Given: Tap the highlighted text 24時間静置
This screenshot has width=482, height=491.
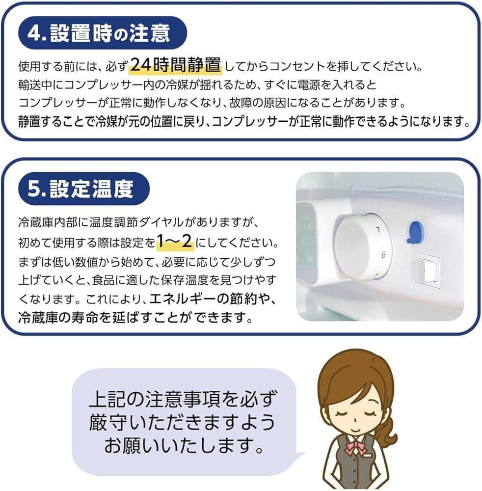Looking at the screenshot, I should [x=175, y=65].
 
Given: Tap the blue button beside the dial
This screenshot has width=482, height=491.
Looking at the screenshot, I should [x=415, y=231].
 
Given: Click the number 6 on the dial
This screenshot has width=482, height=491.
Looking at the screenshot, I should [x=383, y=255].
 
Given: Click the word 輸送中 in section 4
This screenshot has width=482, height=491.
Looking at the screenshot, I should [x=36, y=84].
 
